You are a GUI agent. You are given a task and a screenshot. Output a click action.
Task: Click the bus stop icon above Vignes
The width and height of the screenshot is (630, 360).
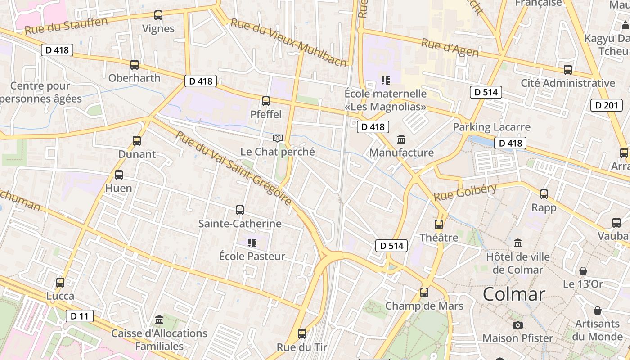pos(158,15)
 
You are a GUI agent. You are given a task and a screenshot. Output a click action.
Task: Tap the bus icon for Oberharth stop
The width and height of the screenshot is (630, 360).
pos(135,65)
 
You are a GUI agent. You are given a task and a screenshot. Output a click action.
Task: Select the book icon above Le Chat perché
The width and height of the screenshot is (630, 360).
pos(278,138)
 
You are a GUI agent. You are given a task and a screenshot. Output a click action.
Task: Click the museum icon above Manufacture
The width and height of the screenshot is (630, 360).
pos(401,139)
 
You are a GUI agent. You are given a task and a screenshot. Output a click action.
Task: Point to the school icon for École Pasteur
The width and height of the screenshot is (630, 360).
pos(252,243)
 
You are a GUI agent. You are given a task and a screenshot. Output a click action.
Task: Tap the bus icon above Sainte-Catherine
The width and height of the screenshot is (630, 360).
pos(240,210)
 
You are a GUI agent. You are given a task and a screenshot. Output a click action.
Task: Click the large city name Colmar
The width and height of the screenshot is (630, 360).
pos(514,294)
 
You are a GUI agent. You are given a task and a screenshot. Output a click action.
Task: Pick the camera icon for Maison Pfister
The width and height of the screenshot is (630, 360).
pos(518,325)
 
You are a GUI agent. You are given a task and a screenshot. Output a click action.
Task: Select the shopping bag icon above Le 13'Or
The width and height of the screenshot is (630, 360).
pos(583,271)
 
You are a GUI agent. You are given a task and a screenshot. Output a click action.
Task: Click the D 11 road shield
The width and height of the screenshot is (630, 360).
pos(80,316)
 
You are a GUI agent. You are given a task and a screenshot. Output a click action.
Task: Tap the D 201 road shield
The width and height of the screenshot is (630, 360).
pos(607,105)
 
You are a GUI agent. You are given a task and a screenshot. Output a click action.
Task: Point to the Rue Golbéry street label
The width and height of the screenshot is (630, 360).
pos(465,193)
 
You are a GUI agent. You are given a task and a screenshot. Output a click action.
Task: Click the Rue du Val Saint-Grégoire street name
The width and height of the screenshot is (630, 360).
pos(234,168)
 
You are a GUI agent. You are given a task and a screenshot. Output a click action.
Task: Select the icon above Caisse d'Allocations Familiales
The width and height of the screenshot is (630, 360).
pos(159,320)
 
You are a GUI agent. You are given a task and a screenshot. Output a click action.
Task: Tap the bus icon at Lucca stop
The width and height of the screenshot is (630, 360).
pos(60,283)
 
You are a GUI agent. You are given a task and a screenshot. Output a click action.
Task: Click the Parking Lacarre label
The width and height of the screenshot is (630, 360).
pos(492,127)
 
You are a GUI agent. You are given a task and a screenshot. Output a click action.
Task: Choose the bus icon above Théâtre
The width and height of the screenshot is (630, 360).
pos(439,224)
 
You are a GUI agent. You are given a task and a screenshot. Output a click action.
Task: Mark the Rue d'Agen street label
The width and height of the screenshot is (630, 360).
pos(450,48)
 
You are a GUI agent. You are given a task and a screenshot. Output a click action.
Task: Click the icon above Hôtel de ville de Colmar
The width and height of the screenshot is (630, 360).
pos(518,243)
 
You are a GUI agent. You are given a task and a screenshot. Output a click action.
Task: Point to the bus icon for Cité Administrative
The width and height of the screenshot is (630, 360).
pos(568,70)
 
